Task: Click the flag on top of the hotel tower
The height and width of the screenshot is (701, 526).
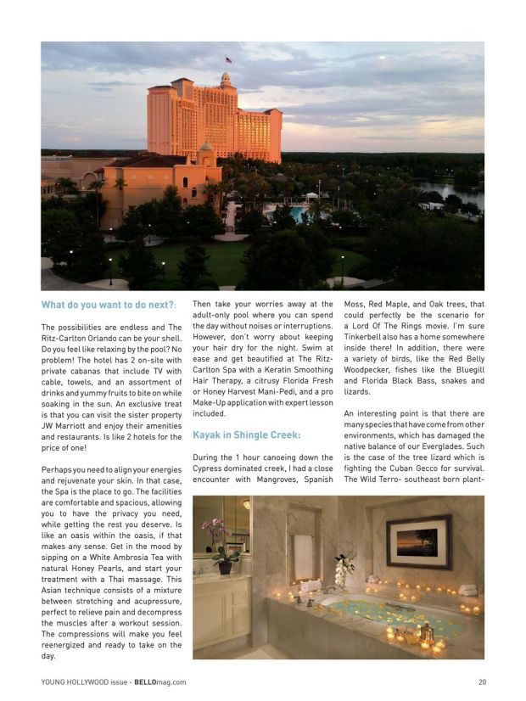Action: tap(227, 59)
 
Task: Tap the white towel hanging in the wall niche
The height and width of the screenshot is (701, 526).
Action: tap(302, 557)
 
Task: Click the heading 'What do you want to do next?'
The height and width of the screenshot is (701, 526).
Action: tap(109, 306)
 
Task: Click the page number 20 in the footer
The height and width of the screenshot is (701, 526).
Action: tap(482, 681)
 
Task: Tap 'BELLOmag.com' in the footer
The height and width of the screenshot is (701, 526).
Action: tap(160, 681)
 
